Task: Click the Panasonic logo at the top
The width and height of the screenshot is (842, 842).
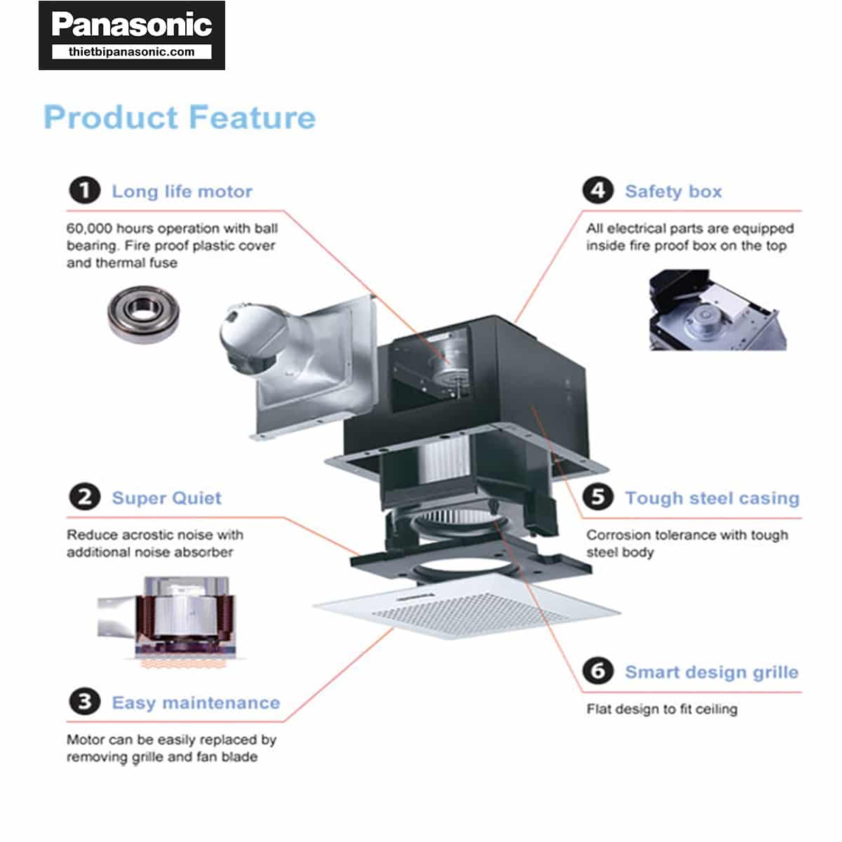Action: pyautogui.click(x=131, y=25)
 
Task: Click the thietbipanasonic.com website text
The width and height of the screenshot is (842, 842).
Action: pyautogui.click(x=131, y=52)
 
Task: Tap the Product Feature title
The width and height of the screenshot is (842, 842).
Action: pyautogui.click(x=180, y=117)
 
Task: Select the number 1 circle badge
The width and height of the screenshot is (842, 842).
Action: pyautogui.click(x=84, y=191)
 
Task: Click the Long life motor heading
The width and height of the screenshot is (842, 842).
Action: pyautogui.click(x=182, y=192)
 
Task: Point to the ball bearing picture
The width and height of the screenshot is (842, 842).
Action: pyautogui.click(x=143, y=314)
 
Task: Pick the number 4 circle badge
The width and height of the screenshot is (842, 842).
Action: pyautogui.click(x=598, y=191)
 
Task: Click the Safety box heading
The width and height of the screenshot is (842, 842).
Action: pyautogui.click(x=673, y=192)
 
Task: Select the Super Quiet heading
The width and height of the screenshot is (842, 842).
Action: pyautogui.click(x=166, y=498)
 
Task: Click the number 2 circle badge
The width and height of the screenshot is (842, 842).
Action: pyautogui.click(x=84, y=497)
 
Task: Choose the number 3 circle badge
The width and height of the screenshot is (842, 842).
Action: pyautogui.click(x=84, y=702)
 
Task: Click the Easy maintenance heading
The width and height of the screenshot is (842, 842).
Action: pyautogui.click(x=196, y=703)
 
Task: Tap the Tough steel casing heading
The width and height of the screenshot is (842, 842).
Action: pyautogui.click(x=711, y=498)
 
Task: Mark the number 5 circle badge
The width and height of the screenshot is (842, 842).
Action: pyautogui.click(x=598, y=497)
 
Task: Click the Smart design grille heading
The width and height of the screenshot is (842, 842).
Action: pyautogui.click(x=711, y=672)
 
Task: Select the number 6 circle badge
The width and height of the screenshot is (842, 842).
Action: pyautogui.click(x=598, y=671)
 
